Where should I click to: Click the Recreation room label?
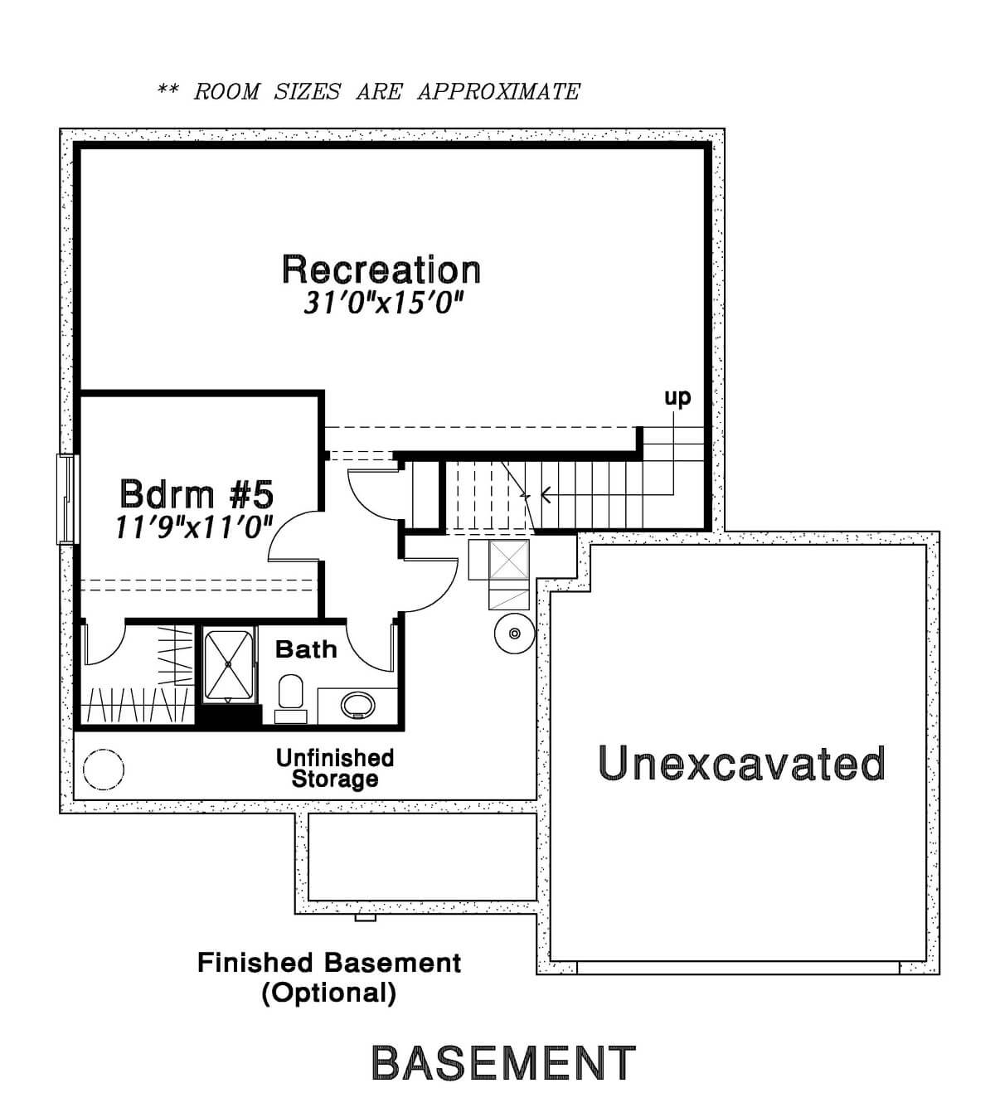point(381,270)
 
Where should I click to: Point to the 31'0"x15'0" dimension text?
point(383,303)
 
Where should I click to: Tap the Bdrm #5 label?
point(197,494)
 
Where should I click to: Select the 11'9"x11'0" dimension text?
point(194,527)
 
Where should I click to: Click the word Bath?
point(306,649)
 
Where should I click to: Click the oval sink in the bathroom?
point(357,705)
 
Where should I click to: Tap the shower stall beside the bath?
point(228,665)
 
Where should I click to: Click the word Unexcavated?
point(741,763)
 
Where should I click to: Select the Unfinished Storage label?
point(335,769)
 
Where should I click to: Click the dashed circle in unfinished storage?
point(104,770)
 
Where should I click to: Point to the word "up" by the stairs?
point(677,397)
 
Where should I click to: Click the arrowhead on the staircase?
point(546,494)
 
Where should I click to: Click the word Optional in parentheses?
point(329,993)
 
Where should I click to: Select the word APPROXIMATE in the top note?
point(498,91)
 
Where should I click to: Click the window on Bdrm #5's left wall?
point(66,499)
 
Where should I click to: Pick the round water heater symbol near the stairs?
point(514,633)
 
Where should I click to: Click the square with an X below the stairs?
point(509,559)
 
